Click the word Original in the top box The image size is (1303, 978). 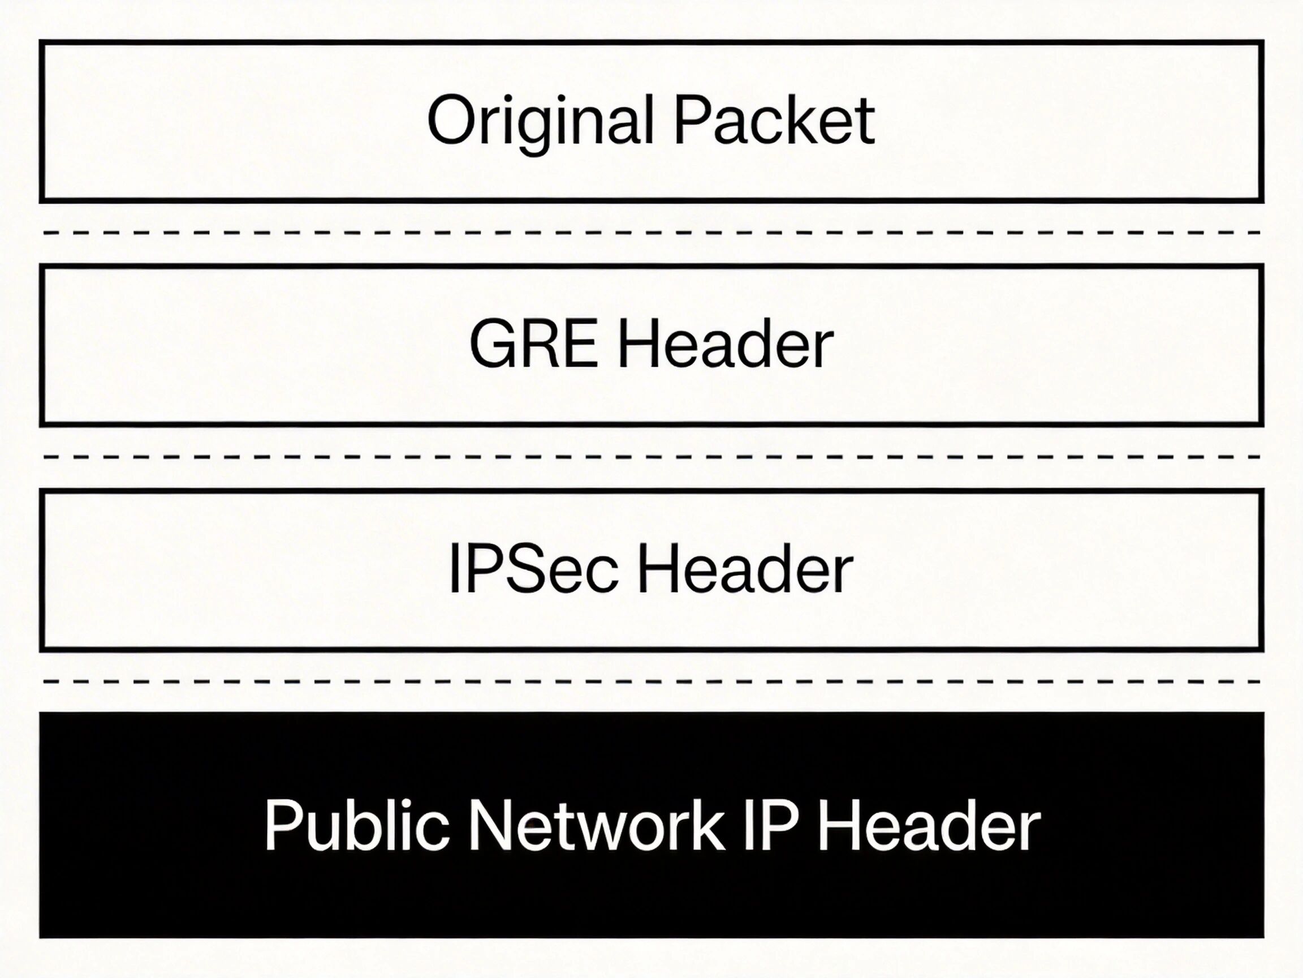point(540,121)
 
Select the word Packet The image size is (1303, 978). point(774,121)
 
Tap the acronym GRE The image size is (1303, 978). point(533,345)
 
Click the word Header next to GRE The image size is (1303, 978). point(724,345)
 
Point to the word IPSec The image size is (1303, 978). point(533,569)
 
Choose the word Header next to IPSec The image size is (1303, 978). point(745,569)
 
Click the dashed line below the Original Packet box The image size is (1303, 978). point(651,232)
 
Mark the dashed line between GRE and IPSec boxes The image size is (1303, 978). point(651,456)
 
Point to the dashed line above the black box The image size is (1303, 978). point(651,681)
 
